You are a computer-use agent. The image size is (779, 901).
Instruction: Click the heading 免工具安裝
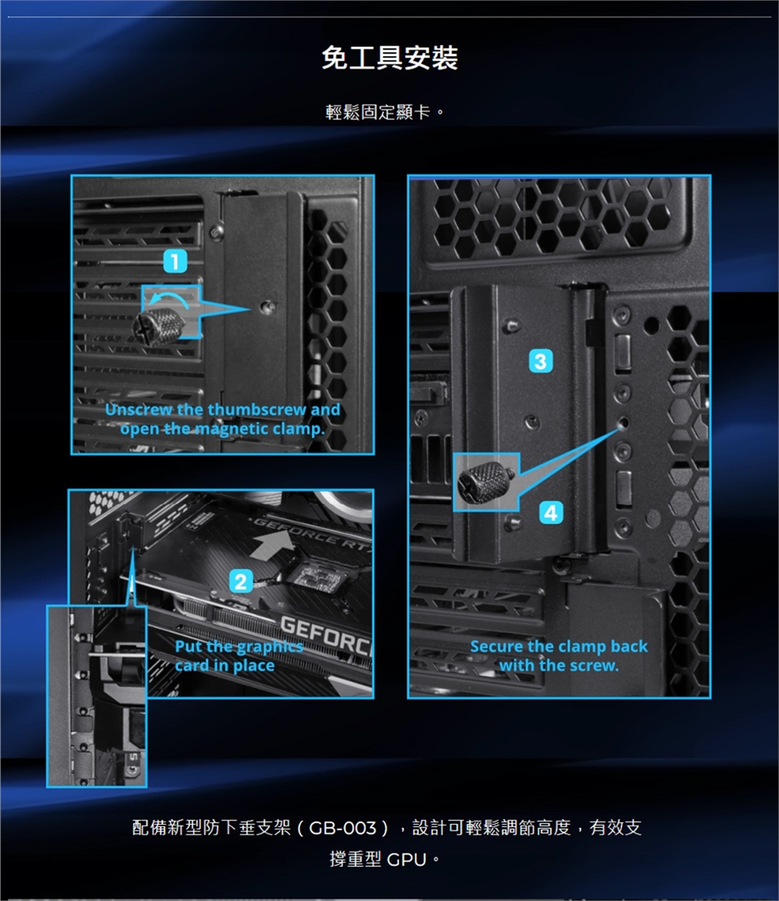tap(389, 58)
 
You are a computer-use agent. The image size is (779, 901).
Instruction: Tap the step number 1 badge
tap(175, 261)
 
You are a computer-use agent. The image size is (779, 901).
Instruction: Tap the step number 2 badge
tap(241, 581)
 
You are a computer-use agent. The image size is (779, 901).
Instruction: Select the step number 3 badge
tap(540, 362)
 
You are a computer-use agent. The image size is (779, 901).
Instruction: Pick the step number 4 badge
tap(551, 513)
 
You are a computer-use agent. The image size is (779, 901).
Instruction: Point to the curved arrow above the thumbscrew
tap(169, 298)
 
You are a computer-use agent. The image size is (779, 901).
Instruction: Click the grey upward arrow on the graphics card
tap(272, 544)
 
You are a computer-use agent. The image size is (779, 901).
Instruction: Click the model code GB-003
tap(342, 828)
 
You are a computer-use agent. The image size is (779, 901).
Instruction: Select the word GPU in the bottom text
tap(407, 860)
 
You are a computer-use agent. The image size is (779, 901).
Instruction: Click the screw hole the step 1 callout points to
tap(267, 307)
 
